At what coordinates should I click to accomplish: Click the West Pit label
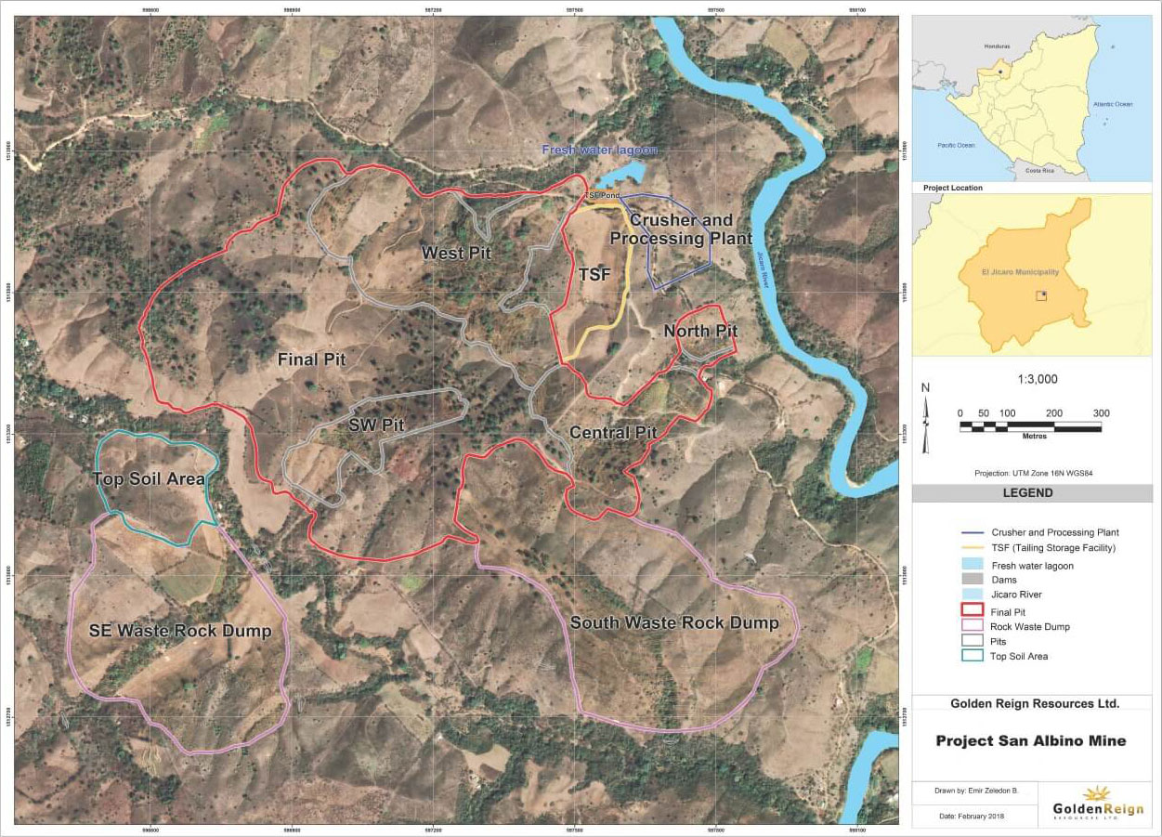[x=455, y=253]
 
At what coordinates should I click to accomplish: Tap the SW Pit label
[x=377, y=425]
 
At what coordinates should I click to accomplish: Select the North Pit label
[x=700, y=332]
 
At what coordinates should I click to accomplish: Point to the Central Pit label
[x=613, y=433]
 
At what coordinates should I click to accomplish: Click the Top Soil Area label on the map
[x=149, y=479]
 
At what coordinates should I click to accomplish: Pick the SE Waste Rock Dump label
[x=180, y=632]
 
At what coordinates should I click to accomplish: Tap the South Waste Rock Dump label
[x=674, y=623]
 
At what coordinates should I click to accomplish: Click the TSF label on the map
[x=594, y=275]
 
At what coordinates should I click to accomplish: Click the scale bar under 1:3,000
[x=1030, y=426]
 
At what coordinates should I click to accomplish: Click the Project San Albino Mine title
[x=1030, y=740]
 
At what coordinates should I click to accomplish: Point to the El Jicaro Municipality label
[x=1020, y=272]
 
